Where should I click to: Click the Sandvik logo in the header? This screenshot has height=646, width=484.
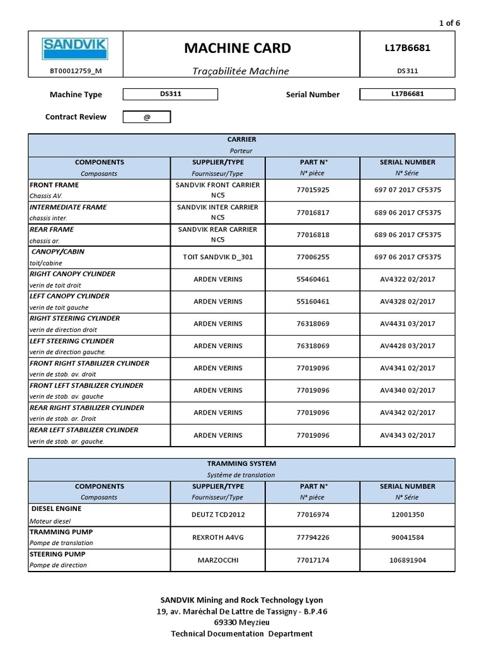(x=75, y=49)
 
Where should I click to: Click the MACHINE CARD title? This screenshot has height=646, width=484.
(x=238, y=48)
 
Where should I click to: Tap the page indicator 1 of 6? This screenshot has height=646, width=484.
(x=449, y=23)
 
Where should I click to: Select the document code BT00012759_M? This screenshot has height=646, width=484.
(x=75, y=71)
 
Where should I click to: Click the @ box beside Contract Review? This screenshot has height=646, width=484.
(x=146, y=117)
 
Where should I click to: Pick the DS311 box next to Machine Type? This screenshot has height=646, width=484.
(x=170, y=94)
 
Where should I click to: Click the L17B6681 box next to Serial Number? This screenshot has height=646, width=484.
(x=407, y=94)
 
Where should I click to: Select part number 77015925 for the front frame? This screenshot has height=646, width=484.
(x=313, y=190)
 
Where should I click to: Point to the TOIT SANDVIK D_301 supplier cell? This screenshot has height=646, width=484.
(x=217, y=257)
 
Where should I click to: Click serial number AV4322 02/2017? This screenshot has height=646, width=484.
(x=407, y=279)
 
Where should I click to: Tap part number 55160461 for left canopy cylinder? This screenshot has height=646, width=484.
(x=313, y=302)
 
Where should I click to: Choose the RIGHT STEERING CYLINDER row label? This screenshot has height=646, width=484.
(x=75, y=319)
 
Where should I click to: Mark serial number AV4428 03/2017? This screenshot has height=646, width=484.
(x=407, y=346)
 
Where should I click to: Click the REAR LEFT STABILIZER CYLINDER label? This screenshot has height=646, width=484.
(x=84, y=430)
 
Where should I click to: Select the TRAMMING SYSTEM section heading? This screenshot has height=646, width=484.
(x=241, y=464)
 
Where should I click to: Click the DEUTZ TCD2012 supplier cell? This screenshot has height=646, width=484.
(x=217, y=514)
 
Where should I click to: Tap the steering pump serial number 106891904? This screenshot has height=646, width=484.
(x=407, y=560)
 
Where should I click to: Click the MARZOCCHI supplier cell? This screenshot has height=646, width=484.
(x=217, y=560)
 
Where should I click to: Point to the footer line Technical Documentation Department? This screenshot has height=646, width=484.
(x=241, y=633)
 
